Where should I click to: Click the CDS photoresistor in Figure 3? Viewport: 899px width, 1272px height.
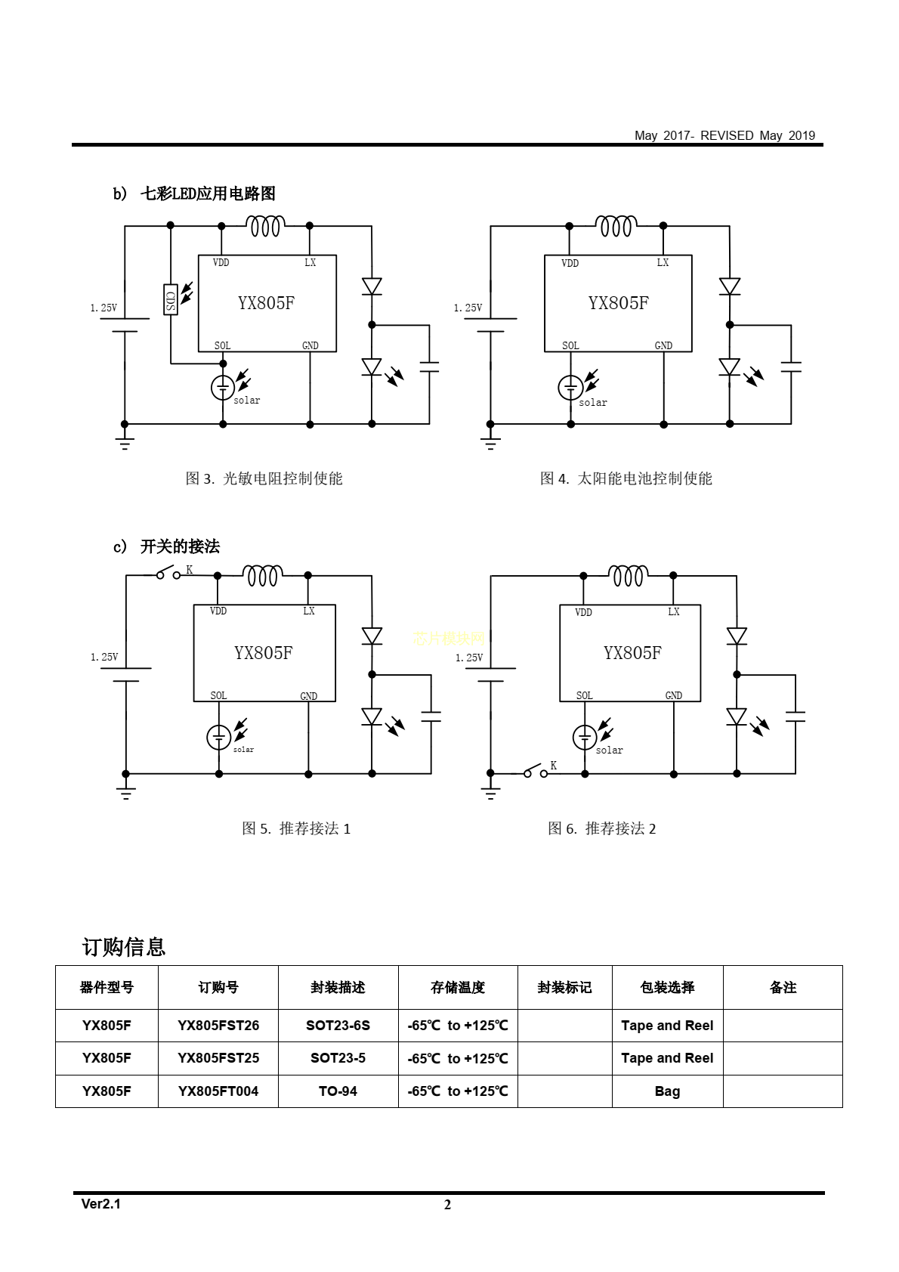171,299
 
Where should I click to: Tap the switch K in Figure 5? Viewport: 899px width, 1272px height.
168,574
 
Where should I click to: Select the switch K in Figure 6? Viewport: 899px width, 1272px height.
534,772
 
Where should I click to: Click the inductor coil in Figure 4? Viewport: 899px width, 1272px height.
616,225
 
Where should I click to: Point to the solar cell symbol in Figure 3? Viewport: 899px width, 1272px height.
223,388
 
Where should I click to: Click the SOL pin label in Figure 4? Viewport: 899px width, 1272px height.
570,345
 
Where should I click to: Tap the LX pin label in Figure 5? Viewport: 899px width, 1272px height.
308,611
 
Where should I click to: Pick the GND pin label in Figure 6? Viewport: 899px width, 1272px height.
673,695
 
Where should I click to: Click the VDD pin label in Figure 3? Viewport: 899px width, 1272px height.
221,262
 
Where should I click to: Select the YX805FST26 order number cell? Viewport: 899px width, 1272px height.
218,1026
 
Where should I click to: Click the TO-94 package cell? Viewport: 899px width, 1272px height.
338,1091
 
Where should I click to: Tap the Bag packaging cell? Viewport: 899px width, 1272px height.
667,1091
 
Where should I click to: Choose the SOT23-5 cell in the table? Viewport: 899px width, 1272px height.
338,1058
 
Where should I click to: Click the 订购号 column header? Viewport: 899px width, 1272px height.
218,987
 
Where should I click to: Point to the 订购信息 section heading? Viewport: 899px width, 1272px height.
124,947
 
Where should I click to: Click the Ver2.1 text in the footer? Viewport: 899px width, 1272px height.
101,1204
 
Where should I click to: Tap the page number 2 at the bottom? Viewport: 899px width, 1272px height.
447,1205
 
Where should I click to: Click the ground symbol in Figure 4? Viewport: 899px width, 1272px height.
490,442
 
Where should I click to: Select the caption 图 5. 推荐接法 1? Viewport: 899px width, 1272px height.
296,828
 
